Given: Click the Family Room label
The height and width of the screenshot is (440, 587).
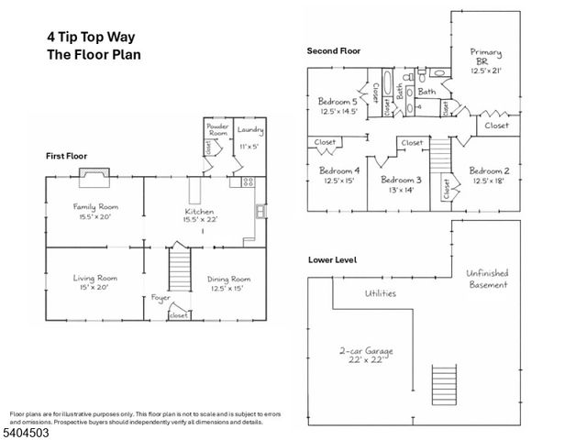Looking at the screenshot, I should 96,207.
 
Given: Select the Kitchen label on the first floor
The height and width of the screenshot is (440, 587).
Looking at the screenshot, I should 200,211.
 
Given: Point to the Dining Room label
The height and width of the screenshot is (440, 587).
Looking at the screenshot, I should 228,279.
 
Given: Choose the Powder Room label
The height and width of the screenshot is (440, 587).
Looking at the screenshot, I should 217,128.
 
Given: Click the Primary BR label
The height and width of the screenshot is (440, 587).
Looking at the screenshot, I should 486,52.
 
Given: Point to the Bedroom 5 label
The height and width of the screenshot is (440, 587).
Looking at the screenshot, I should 338,101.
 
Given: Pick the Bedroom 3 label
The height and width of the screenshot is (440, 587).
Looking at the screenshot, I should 400,180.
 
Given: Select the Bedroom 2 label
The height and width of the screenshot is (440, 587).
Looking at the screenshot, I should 489,170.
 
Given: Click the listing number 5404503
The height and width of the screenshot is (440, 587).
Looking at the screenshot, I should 27,432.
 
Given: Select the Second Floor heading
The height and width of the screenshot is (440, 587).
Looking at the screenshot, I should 335,51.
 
